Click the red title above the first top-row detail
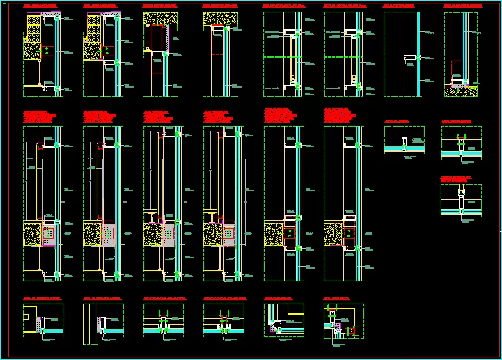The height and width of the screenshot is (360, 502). coord(42,6)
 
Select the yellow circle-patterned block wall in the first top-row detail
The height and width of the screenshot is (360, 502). coord(34,28)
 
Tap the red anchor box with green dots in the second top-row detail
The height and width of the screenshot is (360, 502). coord(108,51)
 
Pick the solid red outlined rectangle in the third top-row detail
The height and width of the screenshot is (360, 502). coord(157,38)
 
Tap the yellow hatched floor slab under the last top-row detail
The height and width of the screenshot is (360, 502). coord(460,91)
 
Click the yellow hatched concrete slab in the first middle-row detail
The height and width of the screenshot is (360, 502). coord(32,234)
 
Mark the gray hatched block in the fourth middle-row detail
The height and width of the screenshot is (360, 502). coord(230,235)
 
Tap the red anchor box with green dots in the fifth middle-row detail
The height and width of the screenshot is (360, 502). coord(290,233)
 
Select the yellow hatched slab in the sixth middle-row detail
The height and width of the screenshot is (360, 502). coord(333,231)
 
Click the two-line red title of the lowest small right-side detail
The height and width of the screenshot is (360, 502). coord(456,179)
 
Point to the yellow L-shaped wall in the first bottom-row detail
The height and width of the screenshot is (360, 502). coord(29,319)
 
